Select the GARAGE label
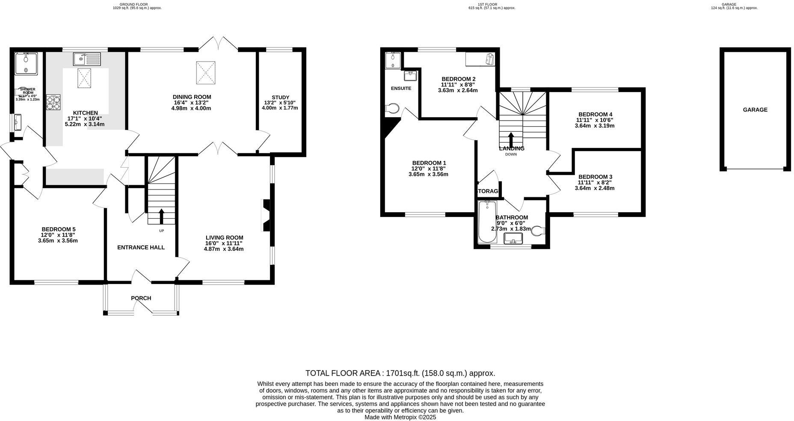coord(755,110)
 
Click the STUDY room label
coord(280,98)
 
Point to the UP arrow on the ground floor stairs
coord(161,216)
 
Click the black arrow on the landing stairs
coord(511,139)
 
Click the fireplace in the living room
coord(266,215)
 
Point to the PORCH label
coord(141,298)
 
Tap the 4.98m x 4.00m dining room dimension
coord(192,108)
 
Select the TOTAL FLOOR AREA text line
coord(400,373)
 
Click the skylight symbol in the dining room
coord(206,72)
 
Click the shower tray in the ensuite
coord(392,60)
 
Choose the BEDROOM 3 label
coord(595,177)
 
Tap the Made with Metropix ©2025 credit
coord(400,417)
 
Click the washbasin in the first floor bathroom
coord(514,238)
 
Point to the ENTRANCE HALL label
coord(141,248)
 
